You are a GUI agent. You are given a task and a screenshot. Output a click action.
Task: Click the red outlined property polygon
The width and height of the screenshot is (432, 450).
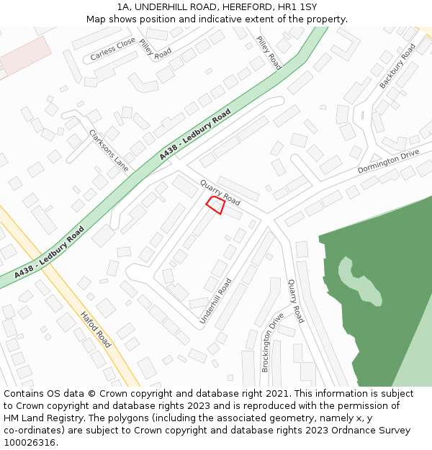click(215, 204)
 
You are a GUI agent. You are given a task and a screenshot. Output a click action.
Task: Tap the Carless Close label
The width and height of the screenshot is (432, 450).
click(113, 49)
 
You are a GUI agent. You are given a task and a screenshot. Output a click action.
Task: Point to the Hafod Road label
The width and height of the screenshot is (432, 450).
click(96, 330)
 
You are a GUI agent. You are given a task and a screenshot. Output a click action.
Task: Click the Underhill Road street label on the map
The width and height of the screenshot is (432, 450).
click(216, 300)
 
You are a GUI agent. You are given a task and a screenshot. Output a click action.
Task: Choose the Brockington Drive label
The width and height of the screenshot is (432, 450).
click(272, 341)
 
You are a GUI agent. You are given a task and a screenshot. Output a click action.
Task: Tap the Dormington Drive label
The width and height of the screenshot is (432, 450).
click(388, 162)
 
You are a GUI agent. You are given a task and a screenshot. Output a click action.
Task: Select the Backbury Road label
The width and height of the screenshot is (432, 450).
click(397, 66)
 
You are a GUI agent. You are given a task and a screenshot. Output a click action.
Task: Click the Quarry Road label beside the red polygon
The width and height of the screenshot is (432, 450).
click(220, 192)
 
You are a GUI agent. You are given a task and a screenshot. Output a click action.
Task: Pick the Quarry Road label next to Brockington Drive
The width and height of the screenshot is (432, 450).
click(296, 301)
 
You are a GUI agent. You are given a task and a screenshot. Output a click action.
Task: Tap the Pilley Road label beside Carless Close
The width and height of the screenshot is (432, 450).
click(155, 49)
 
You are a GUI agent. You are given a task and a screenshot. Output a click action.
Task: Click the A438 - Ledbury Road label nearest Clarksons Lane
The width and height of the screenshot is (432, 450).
click(195, 135)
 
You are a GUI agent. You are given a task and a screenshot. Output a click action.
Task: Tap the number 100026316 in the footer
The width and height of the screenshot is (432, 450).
click(29, 442)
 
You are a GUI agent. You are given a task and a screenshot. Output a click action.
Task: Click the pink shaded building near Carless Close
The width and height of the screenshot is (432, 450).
click(24, 56)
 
